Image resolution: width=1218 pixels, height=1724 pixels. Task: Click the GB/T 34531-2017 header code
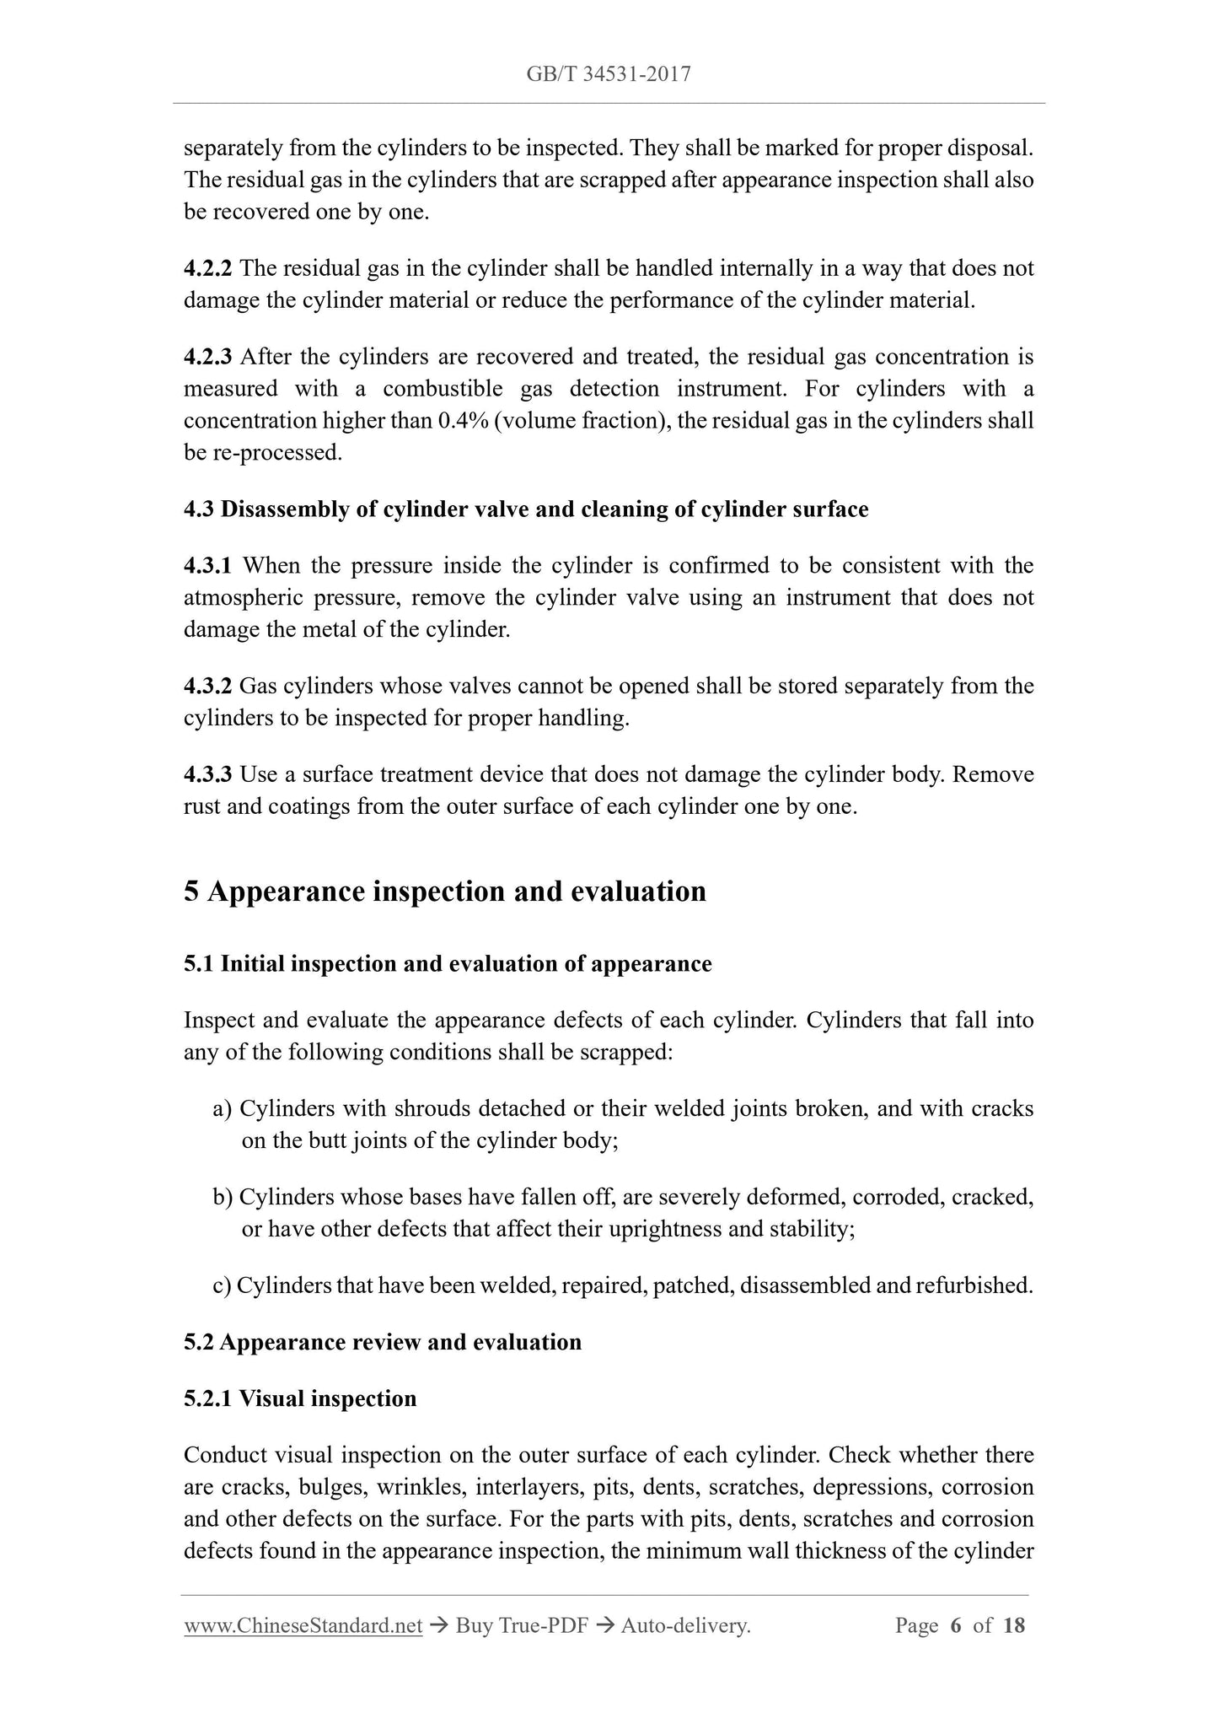click(609, 74)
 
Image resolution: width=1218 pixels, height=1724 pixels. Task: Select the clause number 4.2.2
click(207, 269)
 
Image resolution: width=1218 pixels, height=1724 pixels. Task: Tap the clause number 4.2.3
click(207, 357)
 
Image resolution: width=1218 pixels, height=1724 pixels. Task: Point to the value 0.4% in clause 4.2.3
click(463, 421)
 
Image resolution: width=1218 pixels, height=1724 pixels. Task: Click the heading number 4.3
click(199, 509)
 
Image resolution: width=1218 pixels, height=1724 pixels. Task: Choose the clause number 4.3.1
click(207, 566)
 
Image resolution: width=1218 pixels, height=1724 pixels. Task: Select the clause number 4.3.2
click(207, 687)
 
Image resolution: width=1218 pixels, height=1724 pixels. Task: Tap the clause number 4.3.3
click(207, 774)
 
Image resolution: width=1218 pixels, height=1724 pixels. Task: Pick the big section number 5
click(191, 892)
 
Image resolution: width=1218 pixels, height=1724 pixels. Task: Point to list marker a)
click(223, 1108)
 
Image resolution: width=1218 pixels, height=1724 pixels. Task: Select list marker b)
click(223, 1197)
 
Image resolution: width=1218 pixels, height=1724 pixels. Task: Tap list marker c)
click(222, 1285)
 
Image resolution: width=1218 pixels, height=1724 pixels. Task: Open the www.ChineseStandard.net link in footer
click(303, 1625)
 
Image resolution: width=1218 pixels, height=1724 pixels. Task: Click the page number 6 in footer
click(955, 1625)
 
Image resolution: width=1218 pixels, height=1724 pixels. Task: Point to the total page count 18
click(1014, 1625)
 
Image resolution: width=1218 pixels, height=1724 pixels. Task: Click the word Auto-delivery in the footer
click(684, 1625)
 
